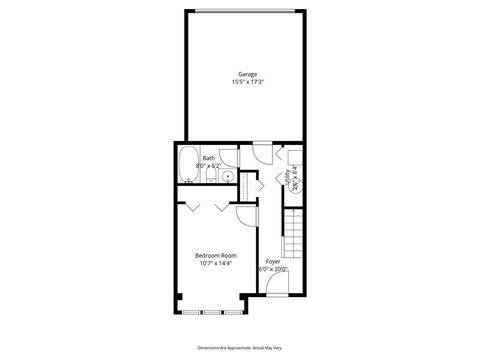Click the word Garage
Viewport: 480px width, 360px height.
coord(247,72)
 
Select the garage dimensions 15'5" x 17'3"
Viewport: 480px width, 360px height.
coord(247,81)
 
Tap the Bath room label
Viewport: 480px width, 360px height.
coord(208,157)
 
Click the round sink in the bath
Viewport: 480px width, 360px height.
coord(227,176)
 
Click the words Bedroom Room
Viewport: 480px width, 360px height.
coord(215,255)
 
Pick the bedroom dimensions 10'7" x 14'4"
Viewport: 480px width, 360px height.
coord(215,264)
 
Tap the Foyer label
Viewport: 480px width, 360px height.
coord(272,261)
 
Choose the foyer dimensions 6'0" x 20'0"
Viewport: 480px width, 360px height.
coord(272,269)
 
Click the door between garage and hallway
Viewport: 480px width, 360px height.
coord(261,153)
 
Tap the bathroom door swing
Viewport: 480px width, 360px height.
coord(229,156)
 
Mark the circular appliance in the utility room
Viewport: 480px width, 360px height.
coord(295,181)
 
